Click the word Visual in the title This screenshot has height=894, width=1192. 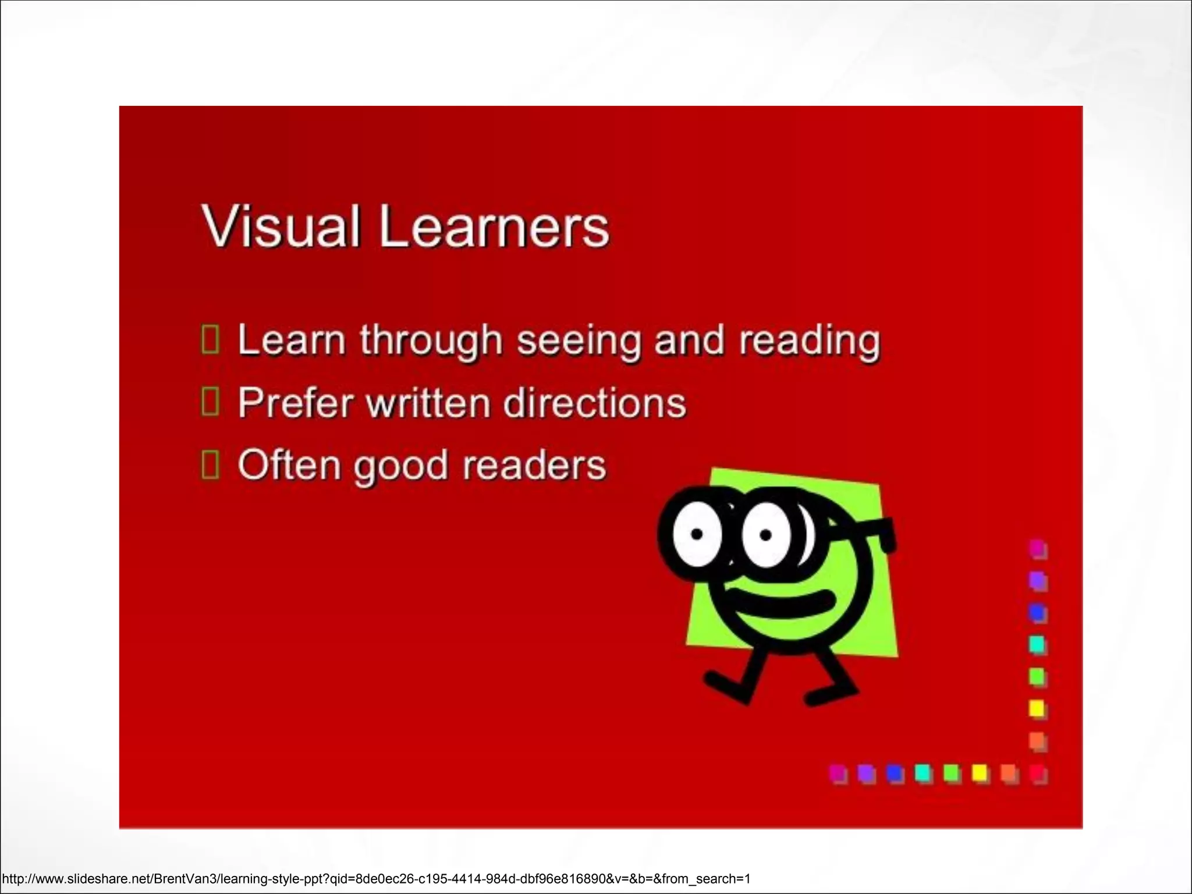coord(280,227)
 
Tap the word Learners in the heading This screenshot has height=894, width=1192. coord(494,227)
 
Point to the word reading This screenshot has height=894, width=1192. coord(809,341)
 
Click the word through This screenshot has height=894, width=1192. coord(431,341)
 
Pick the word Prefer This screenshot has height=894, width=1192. coord(296,403)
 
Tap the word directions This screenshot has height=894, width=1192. coord(594,403)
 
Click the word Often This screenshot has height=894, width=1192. coord(289,465)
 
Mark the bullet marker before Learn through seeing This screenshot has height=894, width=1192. coord(210,340)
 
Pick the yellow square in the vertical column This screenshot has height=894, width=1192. coord(1037,709)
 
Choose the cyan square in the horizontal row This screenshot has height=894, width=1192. coord(923,773)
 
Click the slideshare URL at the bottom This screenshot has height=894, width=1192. coord(376,879)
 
